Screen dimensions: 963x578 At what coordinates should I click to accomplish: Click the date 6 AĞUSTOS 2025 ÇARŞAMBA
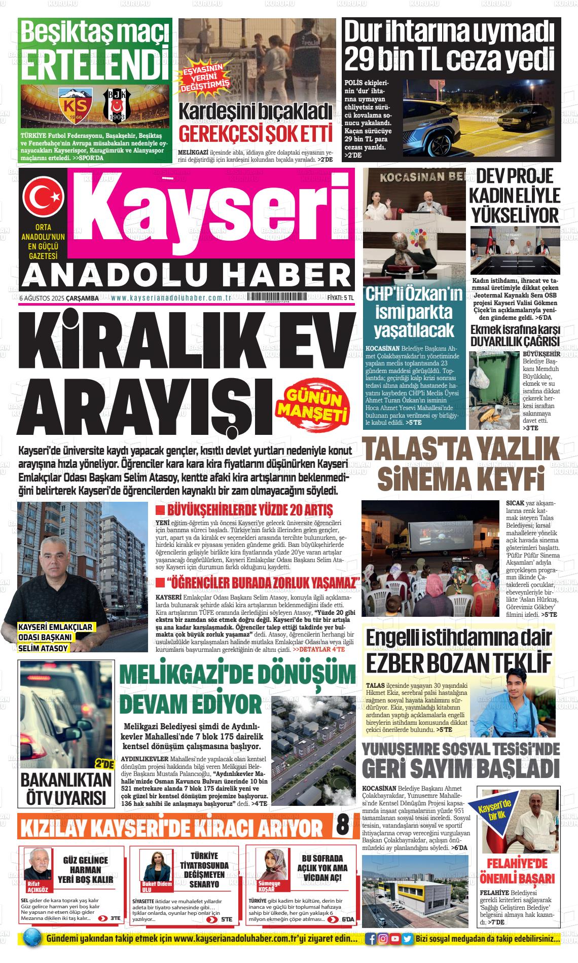58,299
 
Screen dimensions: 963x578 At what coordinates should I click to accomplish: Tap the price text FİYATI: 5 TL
340,298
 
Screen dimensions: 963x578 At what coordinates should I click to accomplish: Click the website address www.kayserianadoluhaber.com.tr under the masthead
171,299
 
